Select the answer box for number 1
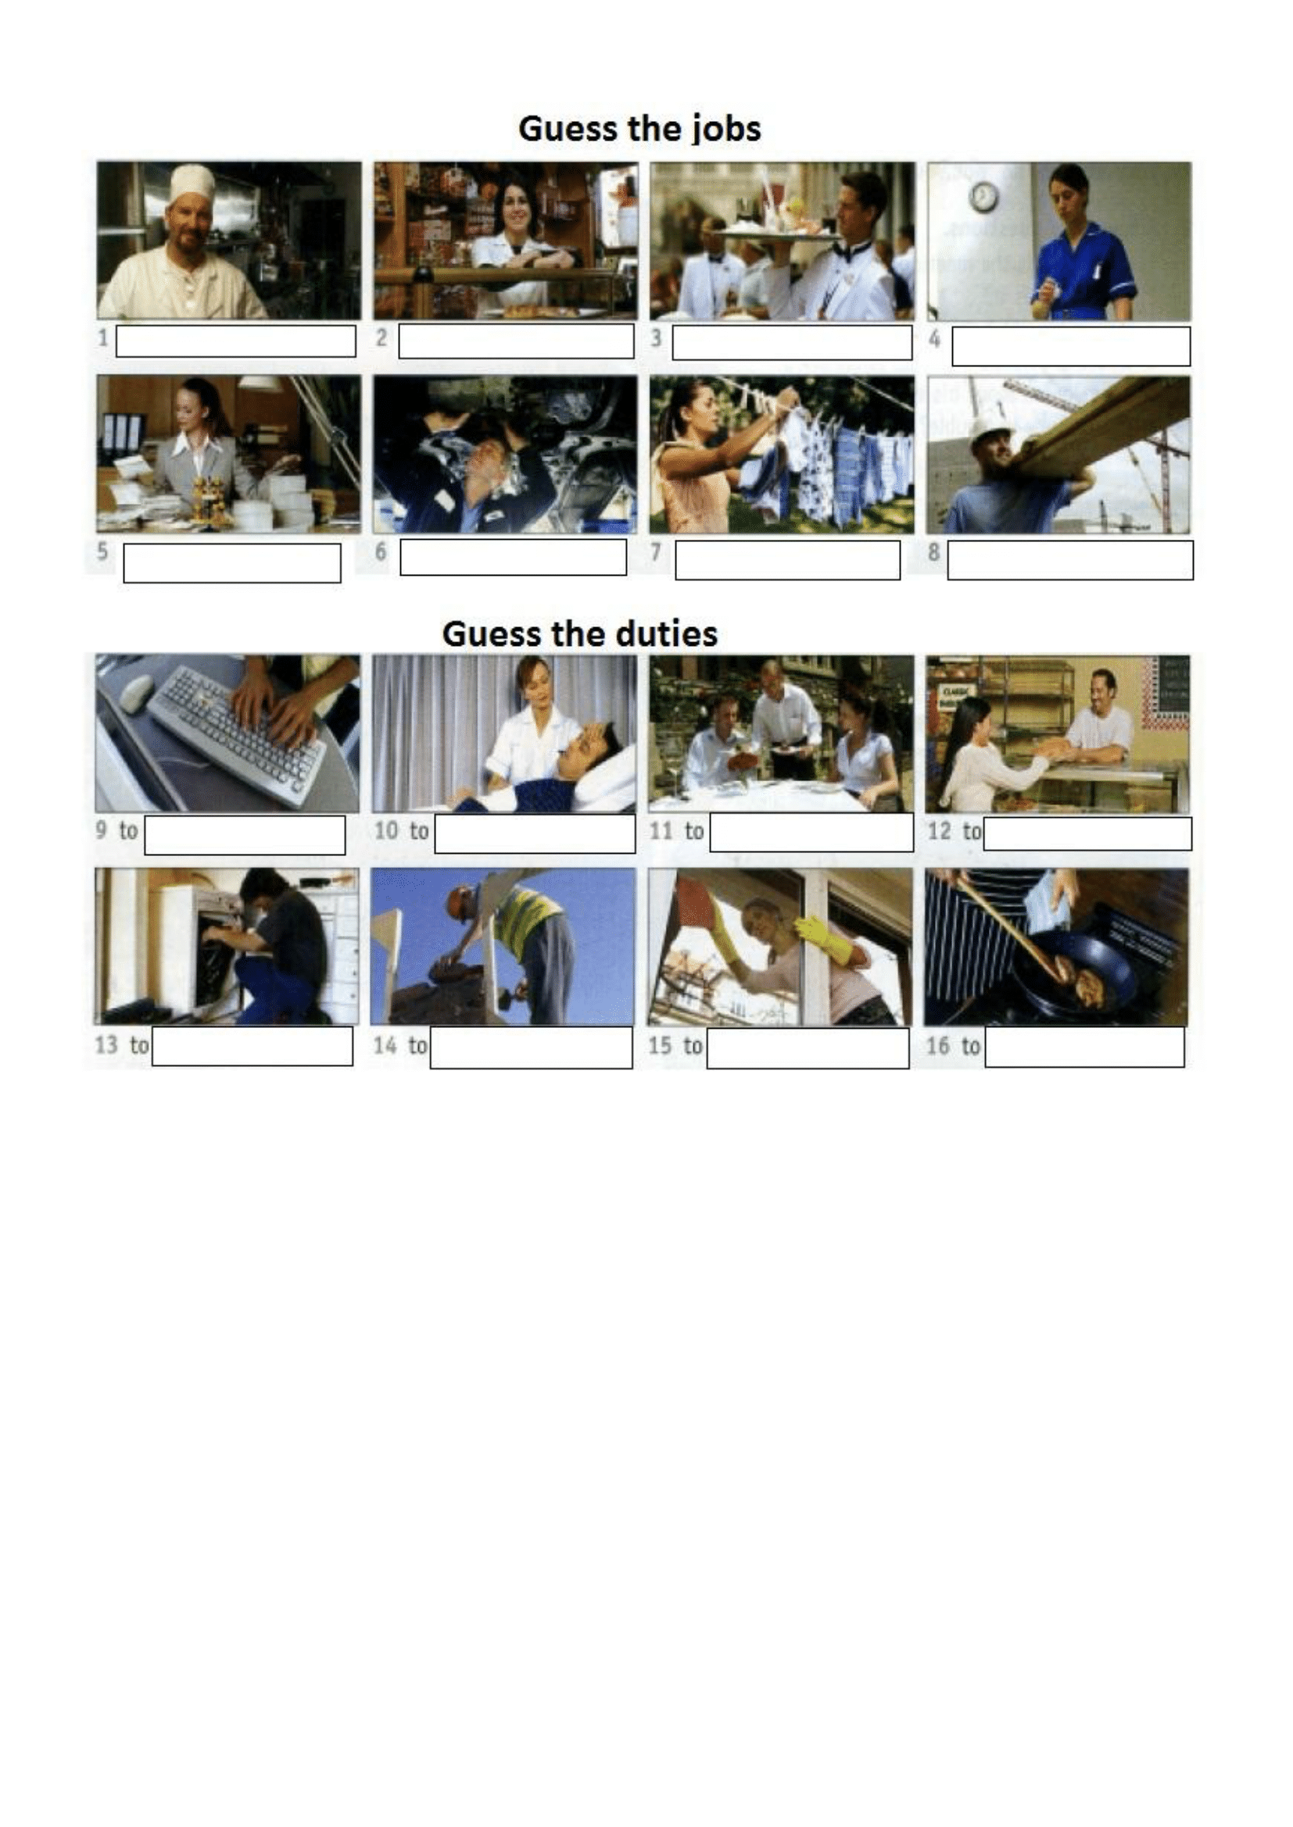point(235,341)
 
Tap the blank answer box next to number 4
point(1071,346)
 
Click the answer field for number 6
point(513,557)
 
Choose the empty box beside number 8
point(1070,560)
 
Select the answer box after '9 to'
point(245,835)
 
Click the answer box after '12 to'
point(1087,833)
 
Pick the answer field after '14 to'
point(531,1048)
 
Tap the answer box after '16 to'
point(1084,1047)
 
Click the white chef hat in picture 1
point(191,185)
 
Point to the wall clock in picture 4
point(984,197)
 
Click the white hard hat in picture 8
point(992,423)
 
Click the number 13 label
point(106,1045)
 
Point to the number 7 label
point(656,551)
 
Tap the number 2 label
point(381,337)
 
